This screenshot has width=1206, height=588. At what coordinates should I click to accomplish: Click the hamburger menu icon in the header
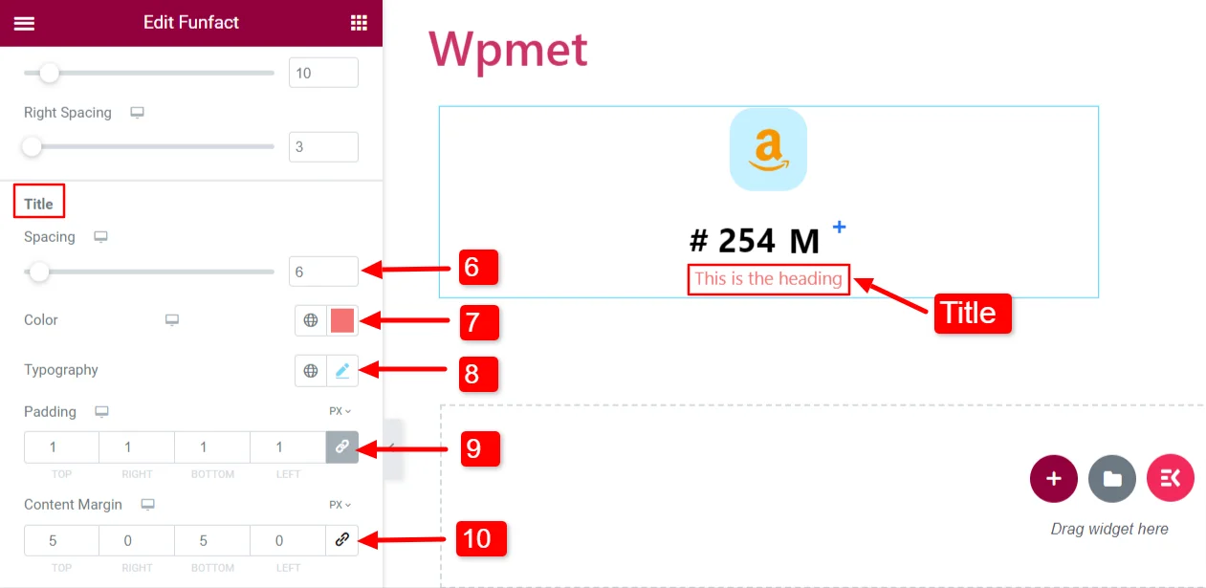tap(24, 23)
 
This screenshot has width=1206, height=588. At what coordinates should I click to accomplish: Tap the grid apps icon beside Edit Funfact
tap(359, 23)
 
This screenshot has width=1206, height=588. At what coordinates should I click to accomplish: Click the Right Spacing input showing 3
tap(323, 147)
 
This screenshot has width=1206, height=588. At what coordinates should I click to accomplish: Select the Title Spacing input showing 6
tap(323, 272)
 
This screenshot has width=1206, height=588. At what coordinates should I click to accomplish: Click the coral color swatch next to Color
tap(342, 320)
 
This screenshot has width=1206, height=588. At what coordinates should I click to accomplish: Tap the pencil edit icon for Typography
tap(342, 370)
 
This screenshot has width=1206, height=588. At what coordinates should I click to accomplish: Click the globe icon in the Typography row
tap(311, 370)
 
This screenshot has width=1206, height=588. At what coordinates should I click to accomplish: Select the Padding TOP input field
tap(61, 446)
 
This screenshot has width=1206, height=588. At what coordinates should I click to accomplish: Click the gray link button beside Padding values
tap(342, 446)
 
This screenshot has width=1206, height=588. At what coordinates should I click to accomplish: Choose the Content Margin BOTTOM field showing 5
tap(211, 540)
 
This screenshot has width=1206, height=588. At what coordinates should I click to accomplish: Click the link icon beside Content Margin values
tap(342, 540)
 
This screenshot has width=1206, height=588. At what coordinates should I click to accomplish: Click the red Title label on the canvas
tap(971, 313)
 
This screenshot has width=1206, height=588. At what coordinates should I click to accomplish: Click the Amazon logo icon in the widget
tap(768, 149)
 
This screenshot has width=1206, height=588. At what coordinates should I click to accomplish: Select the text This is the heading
tap(768, 279)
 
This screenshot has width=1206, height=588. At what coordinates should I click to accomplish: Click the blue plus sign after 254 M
tap(839, 227)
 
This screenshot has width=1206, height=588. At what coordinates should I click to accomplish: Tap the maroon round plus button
tap(1054, 479)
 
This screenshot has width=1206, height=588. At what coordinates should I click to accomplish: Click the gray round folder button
tap(1112, 479)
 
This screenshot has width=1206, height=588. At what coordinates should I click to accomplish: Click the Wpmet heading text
tap(508, 50)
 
